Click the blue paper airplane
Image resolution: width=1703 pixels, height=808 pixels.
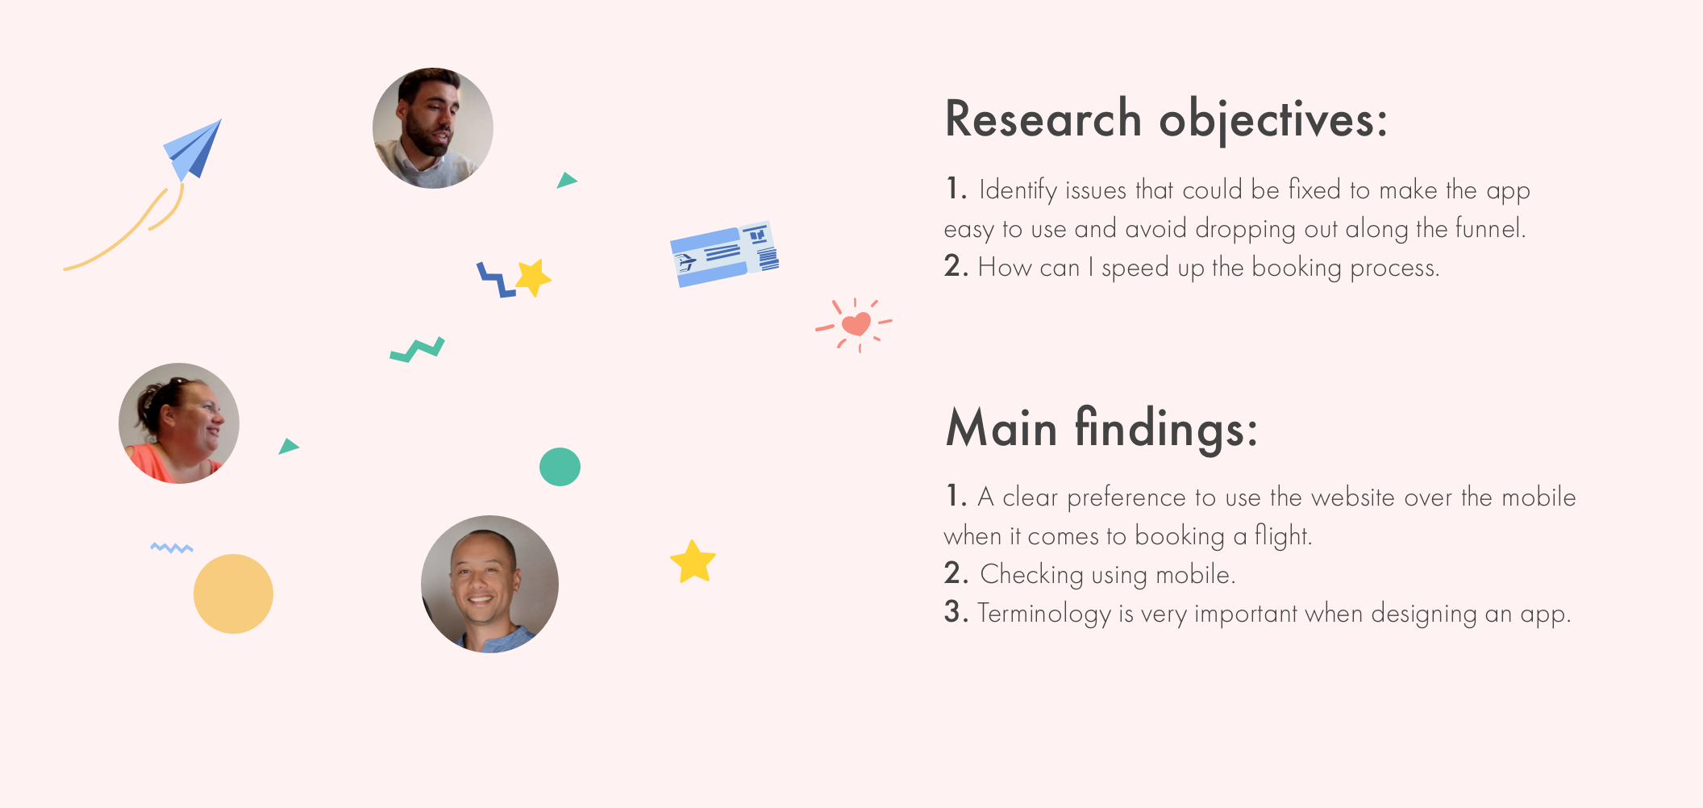tap(194, 151)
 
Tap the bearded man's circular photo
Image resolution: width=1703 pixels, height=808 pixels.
tap(433, 128)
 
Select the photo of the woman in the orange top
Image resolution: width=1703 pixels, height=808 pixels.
tap(179, 423)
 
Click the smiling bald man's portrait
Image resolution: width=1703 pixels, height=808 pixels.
tap(489, 584)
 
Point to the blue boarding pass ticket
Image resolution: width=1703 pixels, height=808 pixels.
tap(725, 254)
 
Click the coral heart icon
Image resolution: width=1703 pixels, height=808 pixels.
tap(856, 324)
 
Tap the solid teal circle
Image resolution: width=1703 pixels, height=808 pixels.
tap(560, 467)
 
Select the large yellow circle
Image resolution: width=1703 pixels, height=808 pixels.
tap(233, 594)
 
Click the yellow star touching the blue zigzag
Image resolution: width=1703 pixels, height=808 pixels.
tap(533, 278)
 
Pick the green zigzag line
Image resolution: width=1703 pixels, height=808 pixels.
tap(418, 350)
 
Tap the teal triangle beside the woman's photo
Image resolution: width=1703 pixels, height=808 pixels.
tap(288, 447)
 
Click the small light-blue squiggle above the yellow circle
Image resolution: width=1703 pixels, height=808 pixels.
tap(172, 548)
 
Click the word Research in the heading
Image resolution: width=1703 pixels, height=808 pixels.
tap(1043, 119)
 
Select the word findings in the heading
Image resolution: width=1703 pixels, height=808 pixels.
tap(1166, 428)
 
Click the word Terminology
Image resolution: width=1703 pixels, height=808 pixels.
tap(1044, 614)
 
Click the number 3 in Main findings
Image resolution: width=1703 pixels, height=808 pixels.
tap(956, 613)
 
